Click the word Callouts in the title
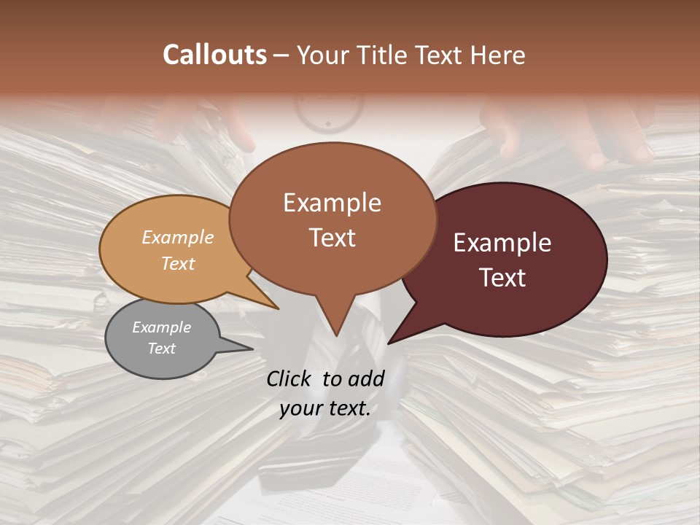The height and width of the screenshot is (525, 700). click(x=214, y=55)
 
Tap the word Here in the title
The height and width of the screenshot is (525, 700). click(x=499, y=55)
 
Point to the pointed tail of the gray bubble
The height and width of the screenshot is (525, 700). click(x=244, y=349)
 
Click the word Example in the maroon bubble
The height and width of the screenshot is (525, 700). click(x=502, y=243)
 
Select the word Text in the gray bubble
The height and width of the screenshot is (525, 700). click(x=162, y=349)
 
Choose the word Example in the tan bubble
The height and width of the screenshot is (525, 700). click(x=178, y=237)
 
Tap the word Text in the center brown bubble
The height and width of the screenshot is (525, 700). click(x=332, y=238)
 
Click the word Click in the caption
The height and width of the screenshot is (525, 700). click(x=290, y=378)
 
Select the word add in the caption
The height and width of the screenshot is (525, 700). click(x=367, y=378)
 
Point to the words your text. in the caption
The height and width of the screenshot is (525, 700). click(x=325, y=408)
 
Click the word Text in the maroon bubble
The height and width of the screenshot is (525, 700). click(x=502, y=278)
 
